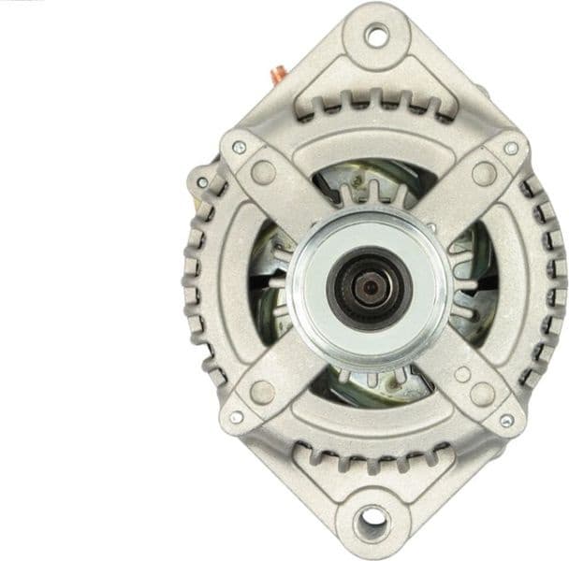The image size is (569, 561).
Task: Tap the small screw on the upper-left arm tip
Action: (x=238, y=147)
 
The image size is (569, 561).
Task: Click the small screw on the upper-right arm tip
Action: (x=511, y=148)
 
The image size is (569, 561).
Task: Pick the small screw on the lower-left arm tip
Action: (x=237, y=416)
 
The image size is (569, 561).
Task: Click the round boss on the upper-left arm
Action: (x=264, y=172)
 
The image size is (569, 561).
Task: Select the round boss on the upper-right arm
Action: (x=484, y=173)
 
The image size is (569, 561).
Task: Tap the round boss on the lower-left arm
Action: (x=263, y=391)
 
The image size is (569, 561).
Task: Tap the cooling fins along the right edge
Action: (x=552, y=280)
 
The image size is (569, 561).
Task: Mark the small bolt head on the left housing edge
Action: (x=202, y=180)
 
